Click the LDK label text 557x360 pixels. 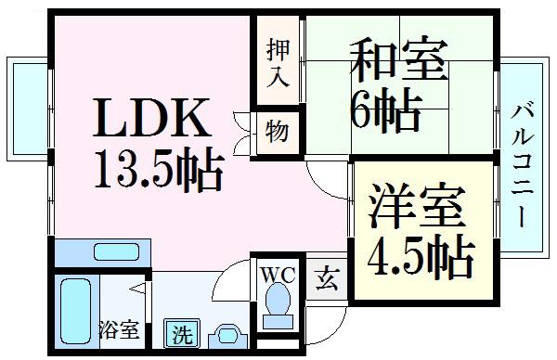152,118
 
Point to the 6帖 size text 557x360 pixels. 386,109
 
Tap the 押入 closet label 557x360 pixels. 278,63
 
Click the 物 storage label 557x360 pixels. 277,131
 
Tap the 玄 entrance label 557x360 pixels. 327,279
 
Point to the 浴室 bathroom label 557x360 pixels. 119,329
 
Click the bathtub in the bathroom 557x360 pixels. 75,311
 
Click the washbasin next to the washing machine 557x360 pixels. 227,336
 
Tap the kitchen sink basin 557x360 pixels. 116,252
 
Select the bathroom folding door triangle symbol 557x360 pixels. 137,289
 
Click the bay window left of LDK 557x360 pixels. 28,109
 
